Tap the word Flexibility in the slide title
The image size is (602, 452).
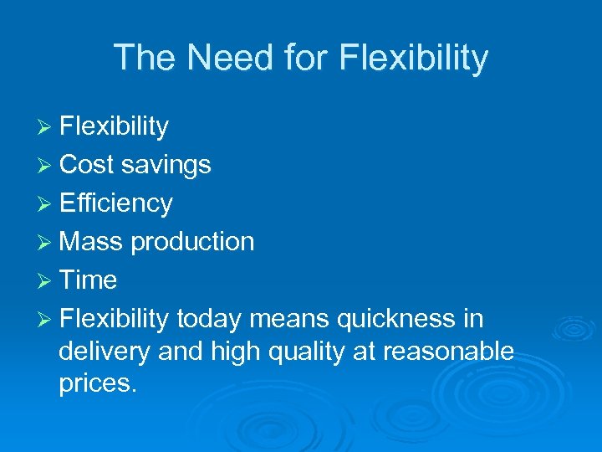[414, 58]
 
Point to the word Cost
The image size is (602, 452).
[86, 165]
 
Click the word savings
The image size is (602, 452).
[166, 166]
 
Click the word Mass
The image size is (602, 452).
[91, 242]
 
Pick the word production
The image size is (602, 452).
[192, 243]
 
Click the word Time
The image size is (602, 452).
[88, 280]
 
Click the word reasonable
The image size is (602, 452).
[448, 352]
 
